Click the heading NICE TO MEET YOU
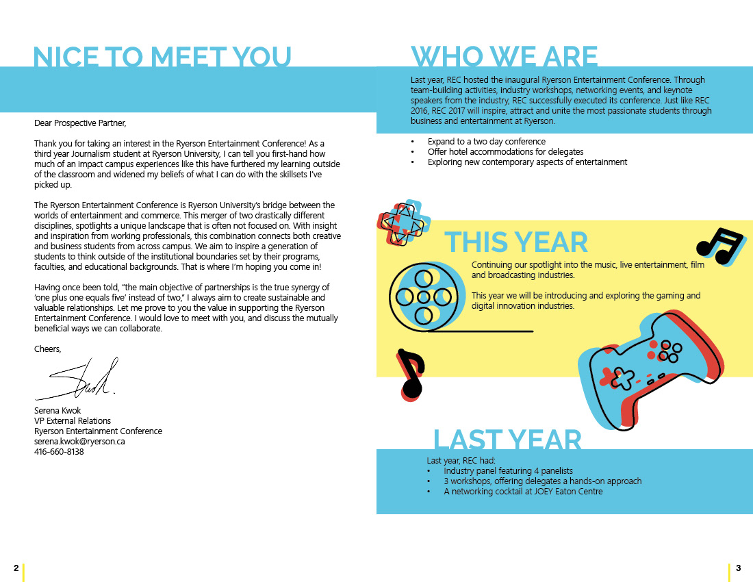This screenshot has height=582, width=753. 162,58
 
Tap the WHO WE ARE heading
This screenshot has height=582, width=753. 504,58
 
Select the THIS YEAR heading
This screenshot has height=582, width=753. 516,242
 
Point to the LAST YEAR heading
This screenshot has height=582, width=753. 507,440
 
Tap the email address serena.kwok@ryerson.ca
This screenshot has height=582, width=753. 79,442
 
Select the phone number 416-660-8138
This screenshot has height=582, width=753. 59,452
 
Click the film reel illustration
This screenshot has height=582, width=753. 423,296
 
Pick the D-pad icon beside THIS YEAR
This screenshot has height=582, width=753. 404,222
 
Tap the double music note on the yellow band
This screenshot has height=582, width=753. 719,246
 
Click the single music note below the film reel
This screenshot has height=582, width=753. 410,374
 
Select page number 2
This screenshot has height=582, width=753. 16,568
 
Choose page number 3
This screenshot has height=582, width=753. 738,568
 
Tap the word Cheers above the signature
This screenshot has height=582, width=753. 47,349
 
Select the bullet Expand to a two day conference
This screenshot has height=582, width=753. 476,142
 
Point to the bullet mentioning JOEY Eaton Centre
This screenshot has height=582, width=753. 523,492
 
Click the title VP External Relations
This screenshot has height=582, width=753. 73,421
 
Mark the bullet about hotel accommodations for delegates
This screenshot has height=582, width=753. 505,152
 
